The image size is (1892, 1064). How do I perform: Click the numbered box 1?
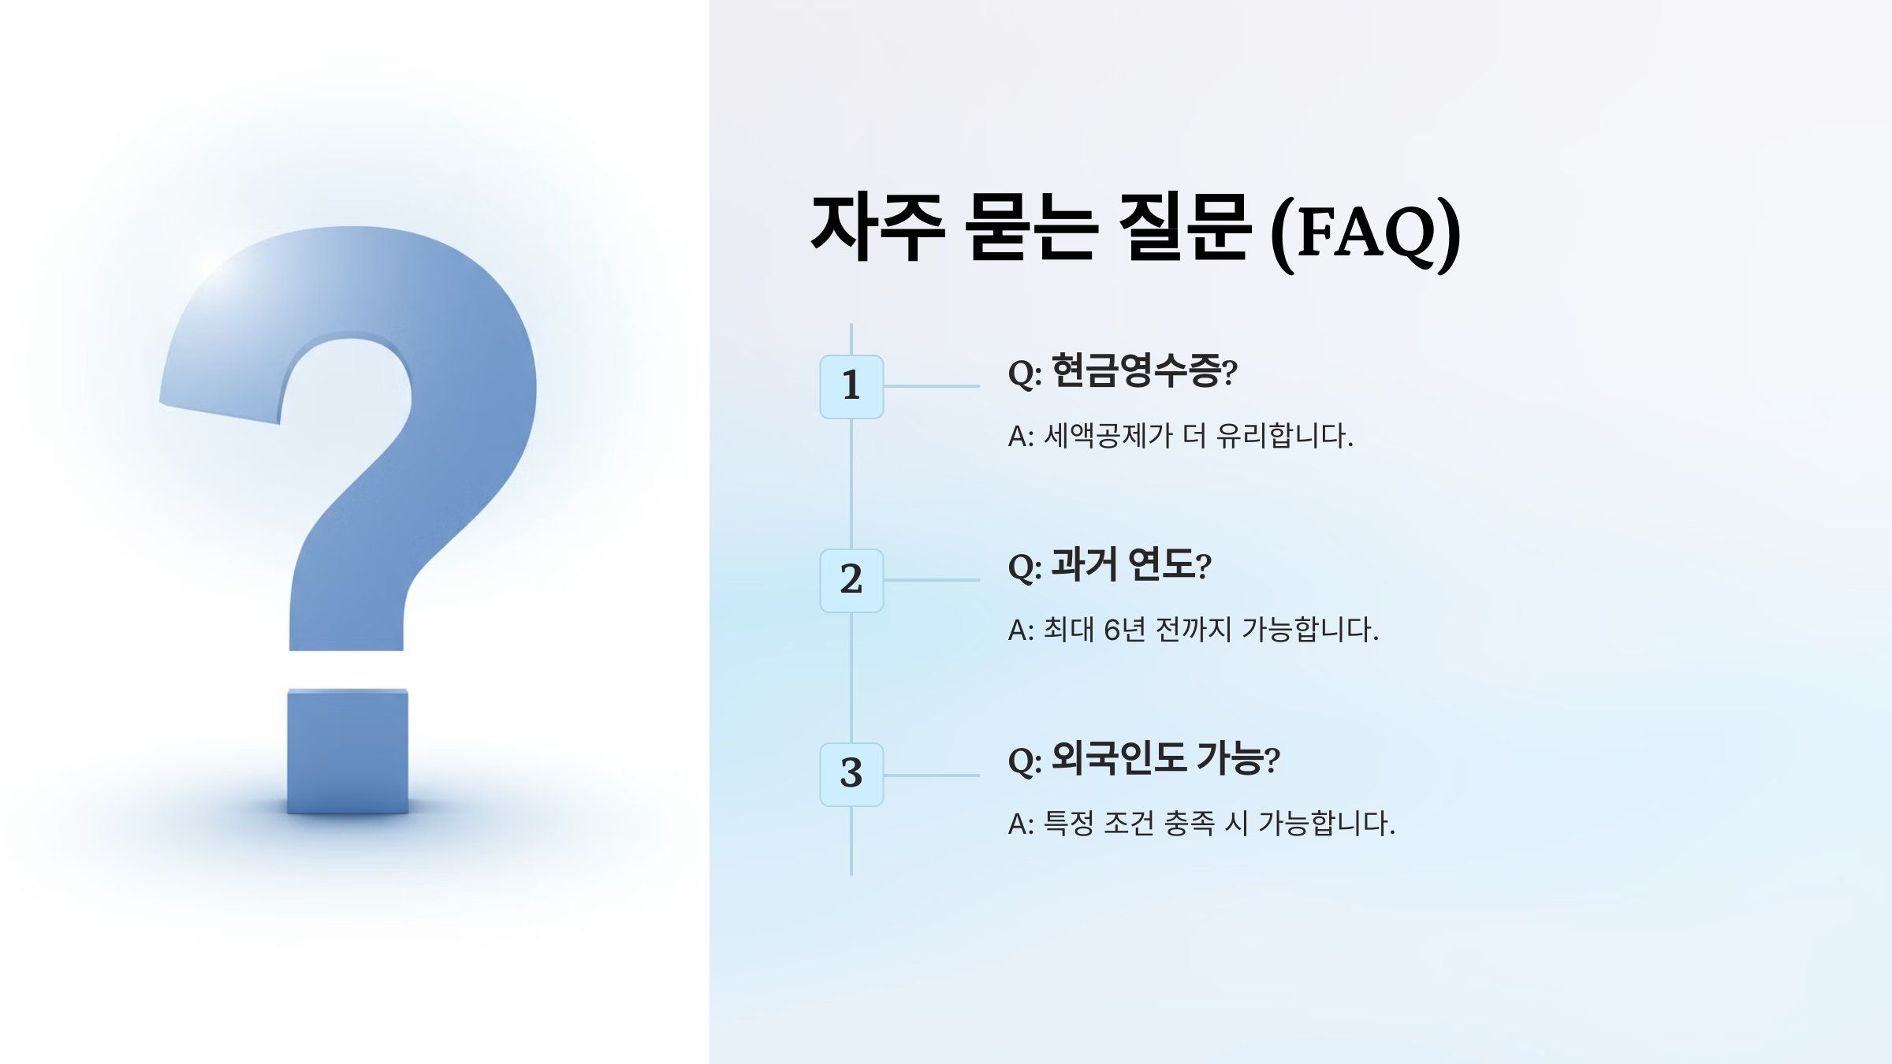pyautogui.click(x=851, y=386)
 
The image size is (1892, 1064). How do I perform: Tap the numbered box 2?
pyautogui.click(x=851, y=580)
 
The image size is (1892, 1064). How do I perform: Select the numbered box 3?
pyautogui.click(x=851, y=774)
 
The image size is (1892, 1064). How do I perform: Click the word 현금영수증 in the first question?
pyautogui.click(x=1135, y=370)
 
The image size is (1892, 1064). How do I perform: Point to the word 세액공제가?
pyautogui.click(x=1108, y=435)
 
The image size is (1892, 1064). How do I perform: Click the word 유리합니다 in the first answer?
pyautogui.click(x=1284, y=435)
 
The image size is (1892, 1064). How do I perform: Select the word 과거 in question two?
pyautogui.click(x=1084, y=564)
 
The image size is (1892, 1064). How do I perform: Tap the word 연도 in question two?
pyautogui.click(x=1161, y=564)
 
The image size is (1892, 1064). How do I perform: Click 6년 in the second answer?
pyautogui.click(x=1124, y=629)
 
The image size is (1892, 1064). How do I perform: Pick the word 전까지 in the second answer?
pyautogui.click(x=1193, y=629)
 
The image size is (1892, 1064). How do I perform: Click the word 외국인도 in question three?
pyautogui.click(x=1119, y=758)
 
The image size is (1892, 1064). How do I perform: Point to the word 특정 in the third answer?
pyautogui.click(x=1069, y=823)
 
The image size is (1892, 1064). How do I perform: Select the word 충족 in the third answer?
pyautogui.click(x=1190, y=823)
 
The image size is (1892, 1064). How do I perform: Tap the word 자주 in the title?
pyautogui.click(x=878, y=227)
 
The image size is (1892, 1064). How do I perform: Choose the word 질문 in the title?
pyautogui.click(x=1184, y=227)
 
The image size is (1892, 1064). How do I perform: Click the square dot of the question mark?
pyautogui.click(x=348, y=751)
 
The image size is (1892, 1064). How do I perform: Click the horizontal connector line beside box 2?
pyautogui.click(x=932, y=580)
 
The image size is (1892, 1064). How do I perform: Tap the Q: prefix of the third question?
pyautogui.click(x=1025, y=761)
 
